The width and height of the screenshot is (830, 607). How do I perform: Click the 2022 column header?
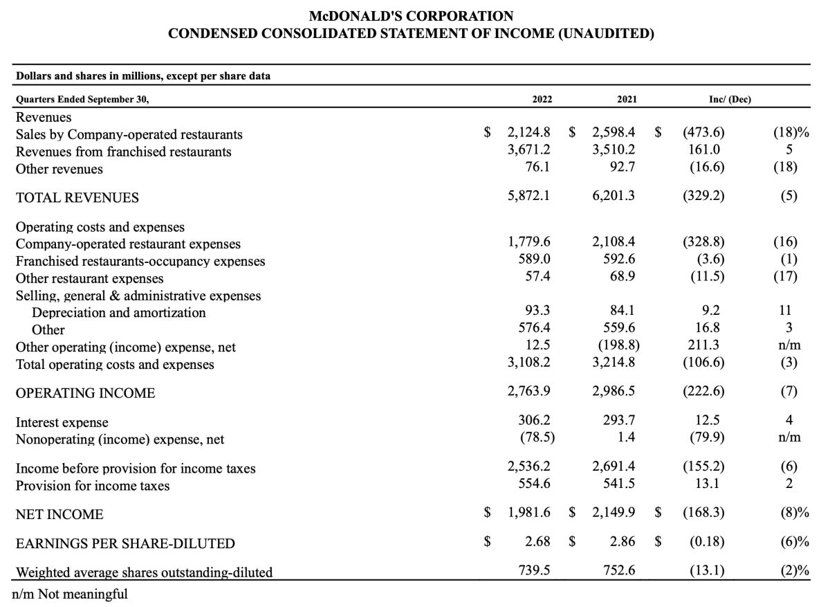pos(542,99)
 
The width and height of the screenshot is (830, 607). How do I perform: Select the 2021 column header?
pos(627,99)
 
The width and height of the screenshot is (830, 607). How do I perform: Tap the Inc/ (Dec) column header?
pos(730,99)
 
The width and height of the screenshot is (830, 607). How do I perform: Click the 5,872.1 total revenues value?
pos(529,197)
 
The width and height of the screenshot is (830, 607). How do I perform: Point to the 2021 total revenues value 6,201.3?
pos(614,197)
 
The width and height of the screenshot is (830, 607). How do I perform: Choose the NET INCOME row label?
pos(59,514)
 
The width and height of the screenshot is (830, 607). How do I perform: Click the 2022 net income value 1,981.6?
pos(529,514)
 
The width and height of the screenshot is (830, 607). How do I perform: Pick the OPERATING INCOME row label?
pos(85,393)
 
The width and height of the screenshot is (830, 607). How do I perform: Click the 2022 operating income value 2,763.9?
pos(529,392)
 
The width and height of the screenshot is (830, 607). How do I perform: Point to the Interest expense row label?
pos(62,422)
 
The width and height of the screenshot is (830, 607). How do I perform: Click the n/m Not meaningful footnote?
pos(71,594)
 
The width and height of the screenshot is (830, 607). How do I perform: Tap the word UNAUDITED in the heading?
pos(605,33)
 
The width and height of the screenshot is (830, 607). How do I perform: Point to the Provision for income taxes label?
pos(93,485)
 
